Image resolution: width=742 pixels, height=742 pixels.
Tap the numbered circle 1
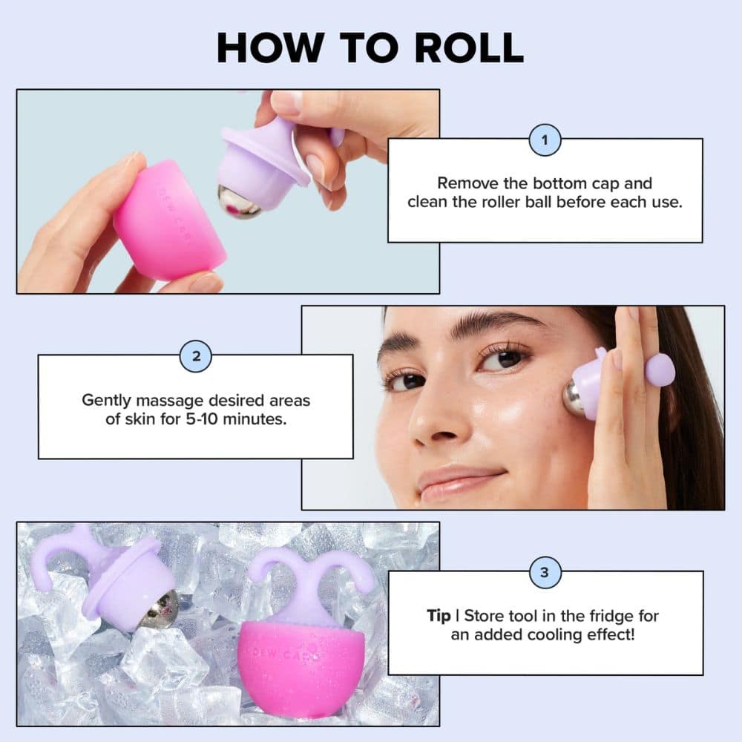click(545, 139)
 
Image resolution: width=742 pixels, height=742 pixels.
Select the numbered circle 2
click(196, 355)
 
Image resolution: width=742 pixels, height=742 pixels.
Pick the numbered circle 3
click(545, 572)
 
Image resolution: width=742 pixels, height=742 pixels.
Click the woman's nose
click(430, 419)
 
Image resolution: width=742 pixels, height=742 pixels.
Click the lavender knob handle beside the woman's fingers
click(660, 370)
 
